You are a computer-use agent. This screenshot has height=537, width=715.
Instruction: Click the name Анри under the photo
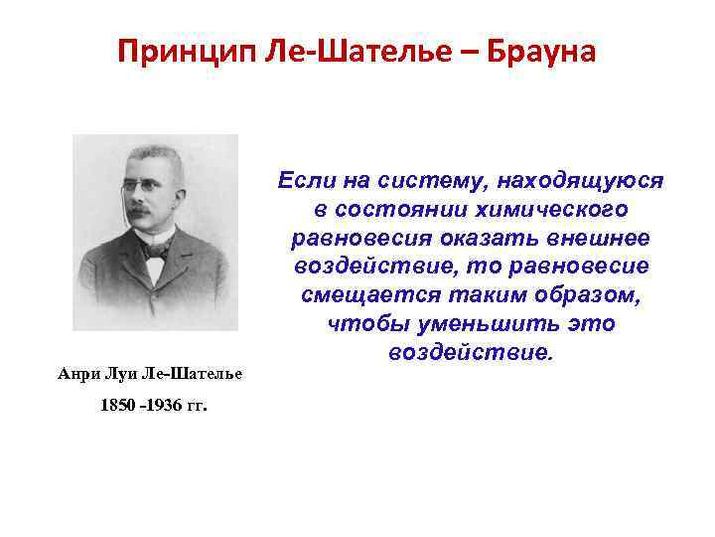pos(77,373)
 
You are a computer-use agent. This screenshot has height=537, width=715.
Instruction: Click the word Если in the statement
pos(307,181)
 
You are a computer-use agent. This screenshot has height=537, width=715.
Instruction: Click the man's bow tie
pos(155,249)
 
